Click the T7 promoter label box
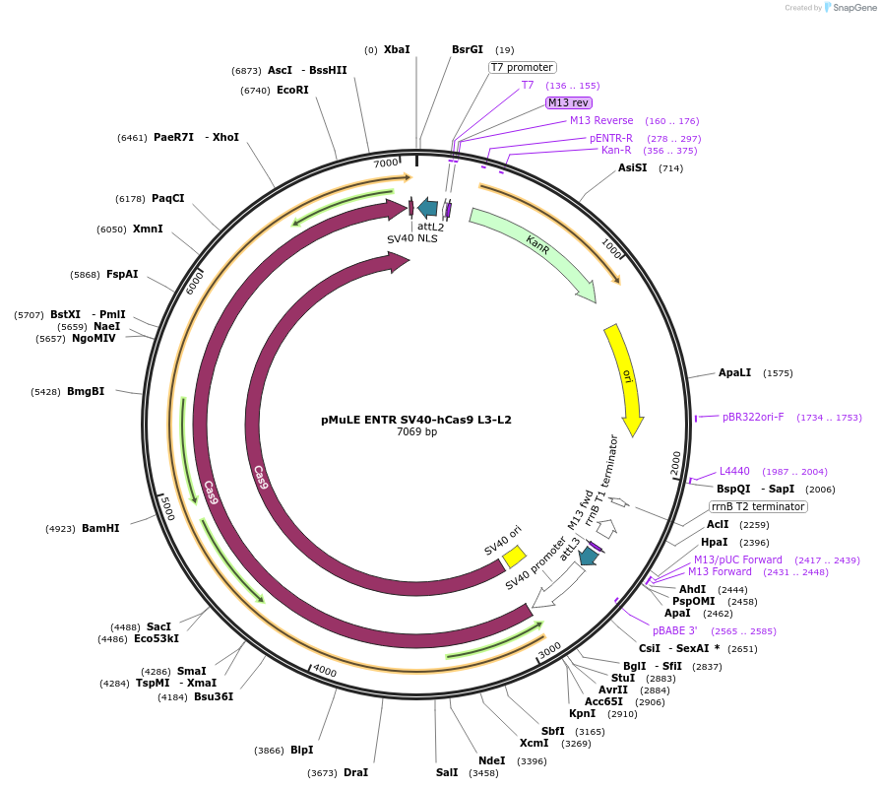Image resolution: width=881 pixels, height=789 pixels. coord(523,68)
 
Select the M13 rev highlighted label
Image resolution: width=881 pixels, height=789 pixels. coord(569,102)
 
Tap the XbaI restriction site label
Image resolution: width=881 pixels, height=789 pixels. coord(397,49)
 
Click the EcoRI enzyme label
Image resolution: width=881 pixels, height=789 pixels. coord(292,90)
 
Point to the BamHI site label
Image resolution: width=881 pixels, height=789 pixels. coord(100,529)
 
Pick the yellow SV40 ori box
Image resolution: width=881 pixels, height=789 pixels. coord(514,558)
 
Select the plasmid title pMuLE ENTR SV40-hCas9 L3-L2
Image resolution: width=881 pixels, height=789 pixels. coord(416,419)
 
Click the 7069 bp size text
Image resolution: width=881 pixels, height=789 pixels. coord(416,432)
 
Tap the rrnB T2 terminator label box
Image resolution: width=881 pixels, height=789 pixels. coord(758,506)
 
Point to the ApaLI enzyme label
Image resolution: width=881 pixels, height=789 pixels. coord(735,373)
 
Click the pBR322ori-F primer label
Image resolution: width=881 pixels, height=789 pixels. coord(753,417)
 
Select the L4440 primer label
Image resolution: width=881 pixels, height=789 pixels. coord(734,471)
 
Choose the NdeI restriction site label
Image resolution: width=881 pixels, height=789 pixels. coord(491,760)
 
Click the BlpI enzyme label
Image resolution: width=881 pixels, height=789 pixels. coord(301,751)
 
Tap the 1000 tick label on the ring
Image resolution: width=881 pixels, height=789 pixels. coord(610,250)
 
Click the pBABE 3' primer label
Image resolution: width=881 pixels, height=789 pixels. coord(675,630)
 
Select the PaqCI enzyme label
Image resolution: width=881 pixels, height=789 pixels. coord(167,198)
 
